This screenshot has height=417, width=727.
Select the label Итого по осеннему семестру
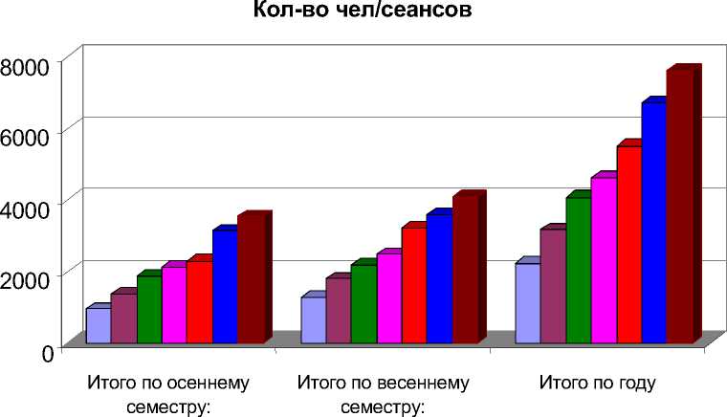click(x=168, y=395)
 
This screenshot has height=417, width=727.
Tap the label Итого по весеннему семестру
click(x=383, y=395)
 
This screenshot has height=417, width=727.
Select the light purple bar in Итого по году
click(x=528, y=302)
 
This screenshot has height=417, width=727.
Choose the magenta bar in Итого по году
click(x=604, y=259)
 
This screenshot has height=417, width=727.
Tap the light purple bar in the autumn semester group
click(x=98, y=325)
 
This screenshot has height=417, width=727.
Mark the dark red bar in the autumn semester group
click(x=250, y=278)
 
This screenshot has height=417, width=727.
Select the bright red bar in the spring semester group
click(x=413, y=285)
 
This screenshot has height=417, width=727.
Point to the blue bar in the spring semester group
click(x=438, y=278)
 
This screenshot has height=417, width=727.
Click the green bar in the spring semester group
click(x=363, y=303)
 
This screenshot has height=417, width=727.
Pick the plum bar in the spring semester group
click(x=338, y=310)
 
